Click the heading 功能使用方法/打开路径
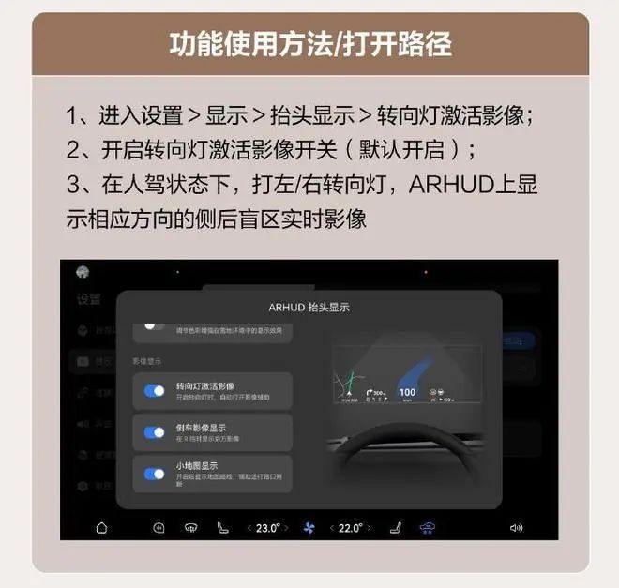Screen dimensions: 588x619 click(x=309, y=43)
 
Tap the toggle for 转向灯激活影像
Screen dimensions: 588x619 click(x=154, y=390)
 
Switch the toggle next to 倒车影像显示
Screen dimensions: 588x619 click(x=154, y=432)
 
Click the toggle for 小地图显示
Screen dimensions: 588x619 click(x=154, y=474)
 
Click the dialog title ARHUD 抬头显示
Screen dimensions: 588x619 click(x=309, y=307)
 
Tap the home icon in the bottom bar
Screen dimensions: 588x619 click(x=101, y=528)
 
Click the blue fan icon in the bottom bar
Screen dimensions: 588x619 click(x=309, y=528)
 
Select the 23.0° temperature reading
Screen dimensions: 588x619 click(x=268, y=528)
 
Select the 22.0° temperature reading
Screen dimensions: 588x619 click(x=350, y=528)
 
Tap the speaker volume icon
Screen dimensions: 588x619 click(x=516, y=528)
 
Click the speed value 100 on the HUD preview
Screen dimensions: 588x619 click(x=407, y=392)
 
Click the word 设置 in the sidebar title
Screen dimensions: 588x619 click(x=88, y=299)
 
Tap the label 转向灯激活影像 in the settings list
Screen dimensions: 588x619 click(x=204, y=385)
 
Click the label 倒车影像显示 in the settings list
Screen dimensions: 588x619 click(x=201, y=428)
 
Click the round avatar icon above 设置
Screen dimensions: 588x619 click(x=83, y=272)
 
